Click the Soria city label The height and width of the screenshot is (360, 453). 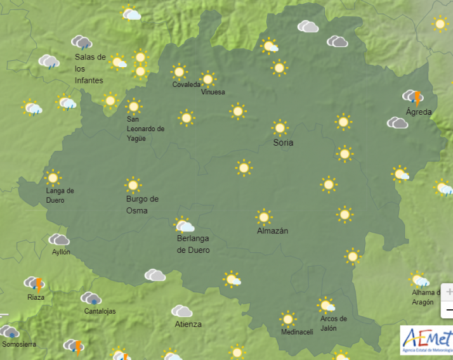click(283, 143)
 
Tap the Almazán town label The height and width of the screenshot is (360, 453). click(272, 231)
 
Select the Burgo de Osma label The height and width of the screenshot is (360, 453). click(142, 204)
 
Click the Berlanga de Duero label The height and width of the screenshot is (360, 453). click(193, 244)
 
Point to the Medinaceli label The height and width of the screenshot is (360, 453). click(297, 332)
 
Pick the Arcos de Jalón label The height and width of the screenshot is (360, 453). click(334, 323)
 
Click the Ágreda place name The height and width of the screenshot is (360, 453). click(418, 112)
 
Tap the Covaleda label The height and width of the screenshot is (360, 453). click(186, 85)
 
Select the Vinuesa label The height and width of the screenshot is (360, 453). click(213, 93)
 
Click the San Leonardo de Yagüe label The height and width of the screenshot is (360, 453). click(145, 129)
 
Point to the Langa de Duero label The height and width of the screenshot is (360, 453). click(60, 195)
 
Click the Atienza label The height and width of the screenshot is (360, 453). click(188, 325)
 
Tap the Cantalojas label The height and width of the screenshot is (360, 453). click(100, 311)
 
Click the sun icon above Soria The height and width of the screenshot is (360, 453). click(280, 128)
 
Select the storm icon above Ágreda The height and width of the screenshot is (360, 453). click(413, 97)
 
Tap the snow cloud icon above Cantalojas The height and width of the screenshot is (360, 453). click(91, 298)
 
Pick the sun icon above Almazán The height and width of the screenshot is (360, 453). click(264, 217)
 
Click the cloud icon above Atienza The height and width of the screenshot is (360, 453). click(182, 311)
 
